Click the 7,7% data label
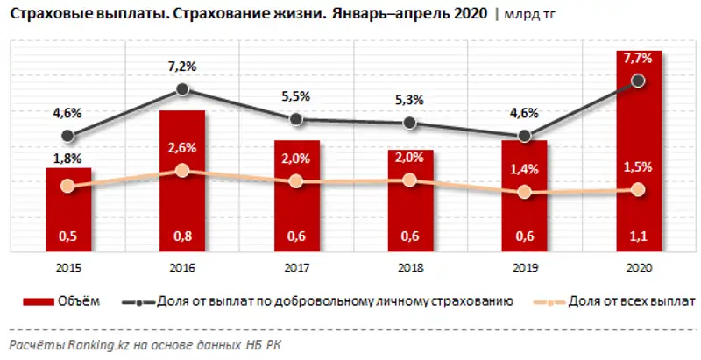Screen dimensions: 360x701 638,60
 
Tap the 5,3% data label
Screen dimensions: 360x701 409,100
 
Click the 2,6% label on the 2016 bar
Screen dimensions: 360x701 181,147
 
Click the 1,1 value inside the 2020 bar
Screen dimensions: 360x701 638,235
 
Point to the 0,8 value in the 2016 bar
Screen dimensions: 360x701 181,235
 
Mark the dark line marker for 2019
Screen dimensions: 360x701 524,136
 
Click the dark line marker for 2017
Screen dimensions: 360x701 296,119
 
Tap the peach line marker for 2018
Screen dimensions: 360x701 410,180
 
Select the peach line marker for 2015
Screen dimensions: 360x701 68,186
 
